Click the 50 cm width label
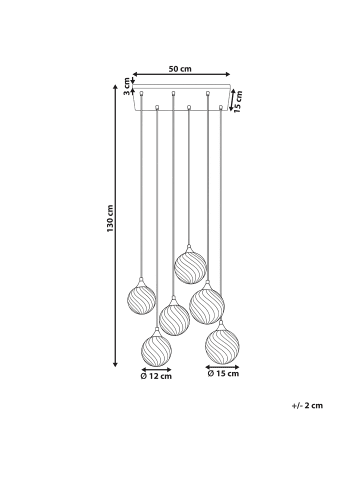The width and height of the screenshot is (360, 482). pyautogui.click(x=180, y=71)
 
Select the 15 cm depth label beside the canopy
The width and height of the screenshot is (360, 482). pyautogui.click(x=238, y=104)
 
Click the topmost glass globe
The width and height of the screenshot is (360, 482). pyautogui.click(x=189, y=266)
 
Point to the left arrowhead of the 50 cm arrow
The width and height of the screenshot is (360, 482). pyautogui.click(x=135, y=78)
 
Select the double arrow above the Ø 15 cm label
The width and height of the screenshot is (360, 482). pyautogui.click(x=221, y=367)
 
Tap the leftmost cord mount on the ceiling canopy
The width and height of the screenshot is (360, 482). pyautogui.click(x=141, y=93)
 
